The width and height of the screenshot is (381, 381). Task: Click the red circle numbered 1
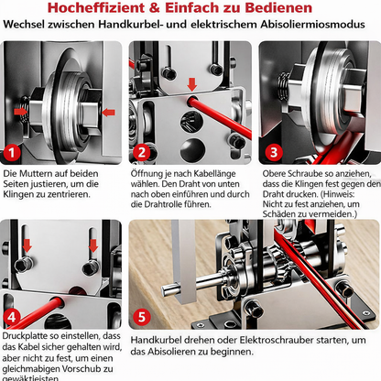coord(13,152)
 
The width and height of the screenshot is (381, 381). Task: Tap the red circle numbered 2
coord(140,152)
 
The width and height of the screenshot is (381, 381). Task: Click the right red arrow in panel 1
coord(107,113)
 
